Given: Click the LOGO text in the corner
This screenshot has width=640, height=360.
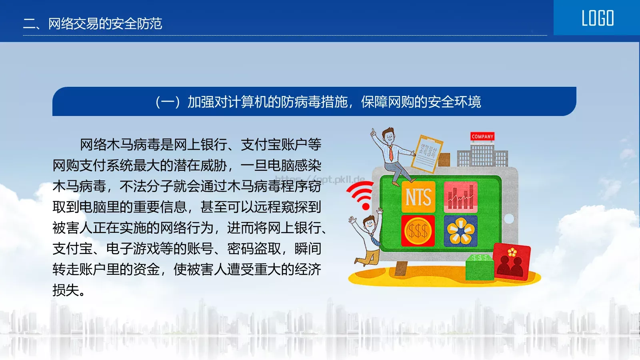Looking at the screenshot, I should click(598, 18).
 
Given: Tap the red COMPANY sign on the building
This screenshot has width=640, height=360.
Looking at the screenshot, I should click(482, 136).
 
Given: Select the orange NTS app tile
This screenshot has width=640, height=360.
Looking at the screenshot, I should click(418, 197).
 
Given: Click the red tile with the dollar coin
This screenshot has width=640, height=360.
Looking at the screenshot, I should click(418, 231).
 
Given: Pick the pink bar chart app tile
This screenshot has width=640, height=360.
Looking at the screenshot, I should click(460, 197).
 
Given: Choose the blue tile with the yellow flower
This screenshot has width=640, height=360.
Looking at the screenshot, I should click(460, 231).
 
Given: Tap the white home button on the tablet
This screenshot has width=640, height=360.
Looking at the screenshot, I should click(509, 218).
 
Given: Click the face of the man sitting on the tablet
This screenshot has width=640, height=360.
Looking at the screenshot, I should click(389, 137).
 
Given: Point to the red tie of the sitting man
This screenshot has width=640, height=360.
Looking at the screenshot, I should click(391, 154).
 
